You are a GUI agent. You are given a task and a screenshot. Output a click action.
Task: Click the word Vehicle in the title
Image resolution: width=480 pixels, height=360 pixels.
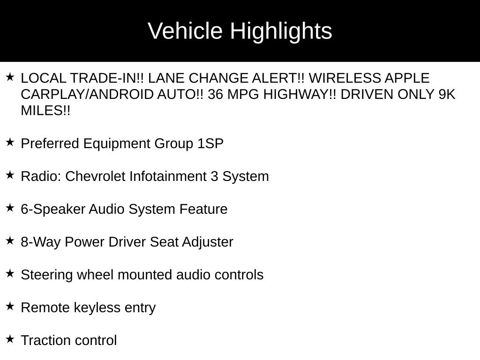pyautogui.click(x=185, y=30)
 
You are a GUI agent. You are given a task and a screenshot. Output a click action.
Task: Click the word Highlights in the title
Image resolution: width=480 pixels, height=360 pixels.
pyautogui.click(x=281, y=31)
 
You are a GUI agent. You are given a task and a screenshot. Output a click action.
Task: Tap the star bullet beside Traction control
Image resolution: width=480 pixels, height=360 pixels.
pyautogui.click(x=10, y=339)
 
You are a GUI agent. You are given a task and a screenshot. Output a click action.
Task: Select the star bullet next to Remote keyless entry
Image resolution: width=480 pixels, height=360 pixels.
pyautogui.click(x=10, y=306)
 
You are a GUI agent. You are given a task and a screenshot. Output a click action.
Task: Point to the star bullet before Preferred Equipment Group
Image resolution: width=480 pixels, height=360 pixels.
pyautogui.click(x=10, y=142)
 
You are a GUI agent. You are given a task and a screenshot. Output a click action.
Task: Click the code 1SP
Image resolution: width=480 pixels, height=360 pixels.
pyautogui.click(x=210, y=143)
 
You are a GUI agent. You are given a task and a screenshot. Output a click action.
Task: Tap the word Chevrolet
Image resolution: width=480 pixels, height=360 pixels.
pyautogui.click(x=95, y=176)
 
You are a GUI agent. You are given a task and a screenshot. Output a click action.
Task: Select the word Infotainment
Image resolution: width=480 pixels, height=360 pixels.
pyautogui.click(x=168, y=176)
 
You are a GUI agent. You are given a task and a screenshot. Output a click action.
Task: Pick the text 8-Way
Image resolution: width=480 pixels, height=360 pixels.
pyautogui.click(x=41, y=242)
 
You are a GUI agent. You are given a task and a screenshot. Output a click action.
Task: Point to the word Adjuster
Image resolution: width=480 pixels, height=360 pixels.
pyautogui.click(x=208, y=242)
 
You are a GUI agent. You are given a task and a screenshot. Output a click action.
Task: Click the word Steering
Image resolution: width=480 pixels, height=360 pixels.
pyautogui.click(x=47, y=275)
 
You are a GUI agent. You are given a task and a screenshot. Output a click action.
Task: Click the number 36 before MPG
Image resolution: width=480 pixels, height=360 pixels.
pyautogui.click(x=215, y=95)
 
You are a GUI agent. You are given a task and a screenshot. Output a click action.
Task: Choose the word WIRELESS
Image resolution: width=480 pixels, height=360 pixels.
pyautogui.click(x=345, y=78)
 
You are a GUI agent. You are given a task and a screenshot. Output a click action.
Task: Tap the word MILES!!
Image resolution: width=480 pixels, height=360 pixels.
pyautogui.click(x=45, y=111)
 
